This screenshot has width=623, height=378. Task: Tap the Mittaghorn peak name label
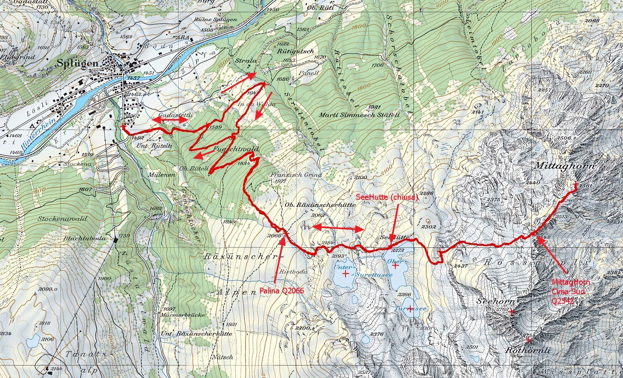pos(565,166)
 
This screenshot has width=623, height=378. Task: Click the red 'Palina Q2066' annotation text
pos(282,291)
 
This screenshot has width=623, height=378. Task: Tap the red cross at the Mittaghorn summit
pos(575,184)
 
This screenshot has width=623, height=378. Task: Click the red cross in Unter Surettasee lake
pos(345,274)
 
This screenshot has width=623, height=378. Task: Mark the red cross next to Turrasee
pos(410,308)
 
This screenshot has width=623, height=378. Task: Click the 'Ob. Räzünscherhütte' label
pos(320,205)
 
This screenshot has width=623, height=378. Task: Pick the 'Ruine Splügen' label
pos(221,19)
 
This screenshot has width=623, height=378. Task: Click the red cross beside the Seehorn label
pos(511,312)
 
